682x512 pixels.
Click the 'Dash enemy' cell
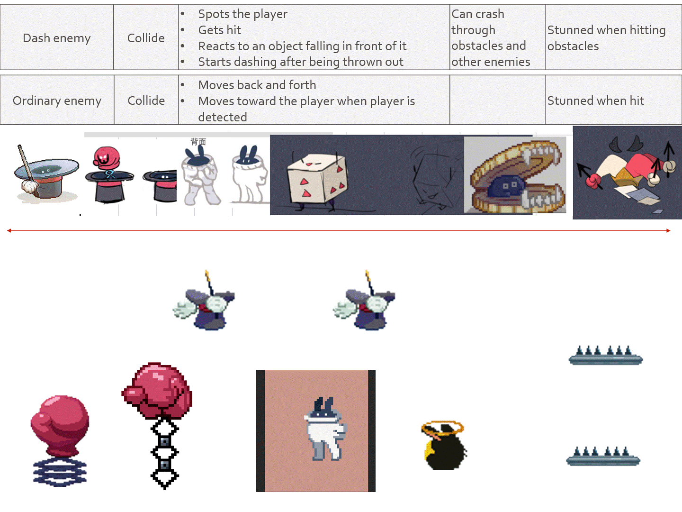57,38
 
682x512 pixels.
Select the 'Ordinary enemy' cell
57,101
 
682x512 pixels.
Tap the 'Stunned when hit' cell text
596,101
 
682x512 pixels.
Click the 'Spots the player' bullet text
242,14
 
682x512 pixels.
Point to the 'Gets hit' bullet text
219,30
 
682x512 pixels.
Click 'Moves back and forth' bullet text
257,85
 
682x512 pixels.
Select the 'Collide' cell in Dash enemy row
146,38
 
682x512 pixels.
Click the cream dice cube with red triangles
317,179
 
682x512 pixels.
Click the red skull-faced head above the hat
106,157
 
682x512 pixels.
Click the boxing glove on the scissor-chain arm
157,391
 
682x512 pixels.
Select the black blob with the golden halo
444,445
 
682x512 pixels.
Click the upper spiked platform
606,356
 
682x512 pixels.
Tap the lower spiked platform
603,457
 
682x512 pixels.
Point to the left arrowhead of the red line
9,230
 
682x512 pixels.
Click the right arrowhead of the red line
668,230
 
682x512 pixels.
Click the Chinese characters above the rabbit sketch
198,142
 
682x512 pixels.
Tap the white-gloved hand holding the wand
30,186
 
